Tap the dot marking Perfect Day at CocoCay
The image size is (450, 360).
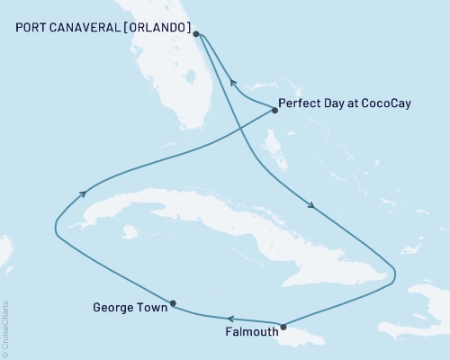point(274,110)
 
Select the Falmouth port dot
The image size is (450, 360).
point(283,327)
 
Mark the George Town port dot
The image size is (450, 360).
point(173,303)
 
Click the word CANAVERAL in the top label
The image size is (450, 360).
point(86,27)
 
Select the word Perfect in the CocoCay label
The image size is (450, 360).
point(301,103)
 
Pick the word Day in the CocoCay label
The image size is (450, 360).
point(336,103)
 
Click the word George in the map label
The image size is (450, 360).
point(112,308)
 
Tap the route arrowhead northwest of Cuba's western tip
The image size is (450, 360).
point(83,192)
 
